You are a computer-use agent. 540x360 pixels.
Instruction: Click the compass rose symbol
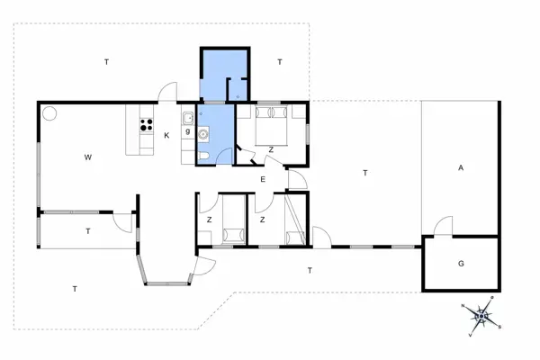(481, 315)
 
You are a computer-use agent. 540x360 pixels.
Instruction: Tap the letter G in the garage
(461, 264)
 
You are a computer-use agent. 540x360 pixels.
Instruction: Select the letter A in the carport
(460, 168)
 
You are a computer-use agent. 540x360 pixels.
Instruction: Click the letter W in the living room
(88, 158)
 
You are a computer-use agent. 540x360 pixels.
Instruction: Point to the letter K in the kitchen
(167, 136)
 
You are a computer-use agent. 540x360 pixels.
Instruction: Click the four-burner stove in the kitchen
(146, 126)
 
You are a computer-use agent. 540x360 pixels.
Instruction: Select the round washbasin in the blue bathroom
(204, 136)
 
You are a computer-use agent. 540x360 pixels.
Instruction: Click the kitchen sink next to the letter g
(189, 118)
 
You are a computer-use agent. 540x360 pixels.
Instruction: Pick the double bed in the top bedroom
(270, 126)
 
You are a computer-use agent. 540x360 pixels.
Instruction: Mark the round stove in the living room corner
(49, 113)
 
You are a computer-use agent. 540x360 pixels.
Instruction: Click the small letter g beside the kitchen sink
(187, 132)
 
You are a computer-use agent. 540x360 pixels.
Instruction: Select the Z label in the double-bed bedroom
(270, 149)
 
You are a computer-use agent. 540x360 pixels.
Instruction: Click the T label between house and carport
(365, 173)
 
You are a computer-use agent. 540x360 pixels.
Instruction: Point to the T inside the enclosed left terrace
(88, 231)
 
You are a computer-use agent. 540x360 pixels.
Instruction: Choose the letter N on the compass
(463, 307)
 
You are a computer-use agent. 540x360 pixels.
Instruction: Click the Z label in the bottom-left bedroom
(208, 219)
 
